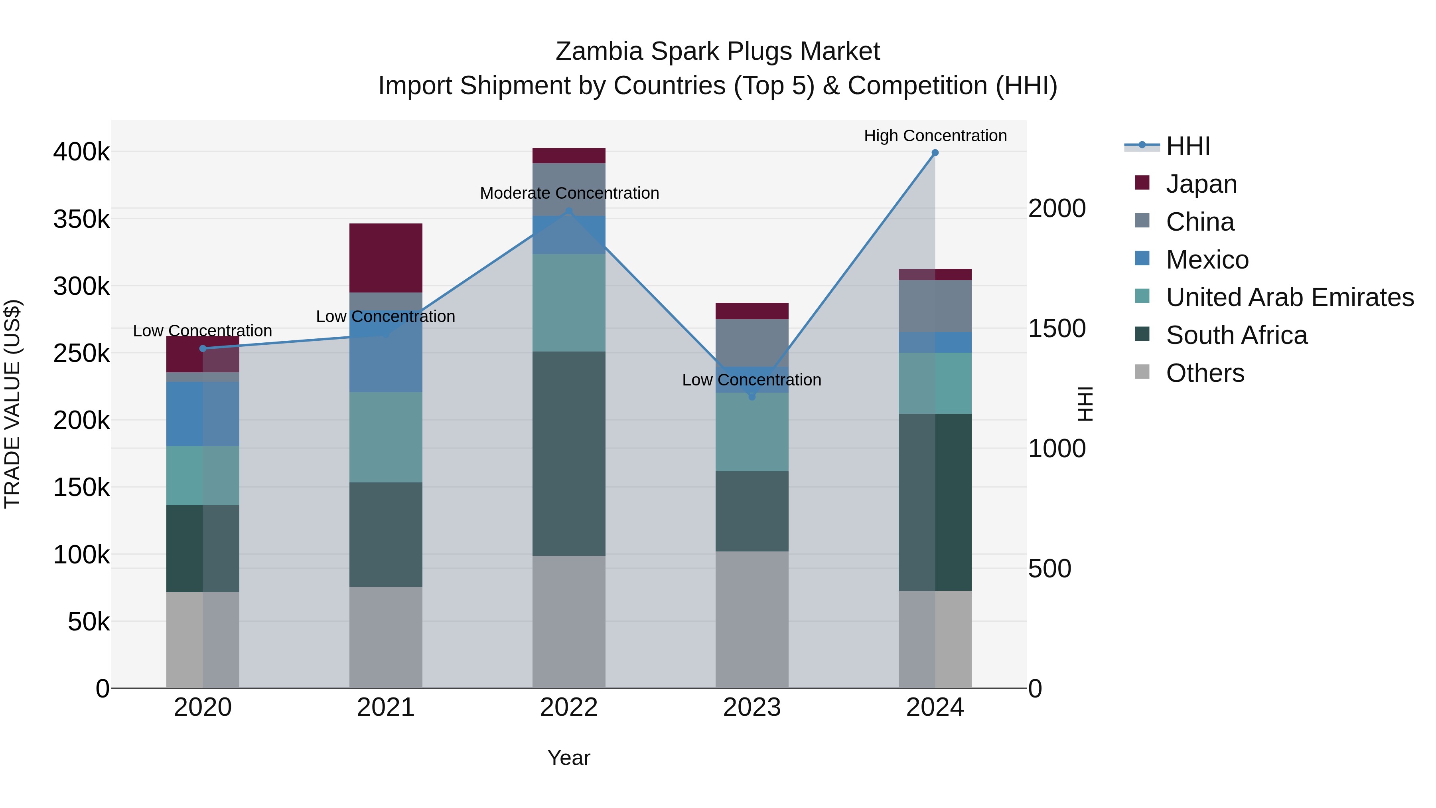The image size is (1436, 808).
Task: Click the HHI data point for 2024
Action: [935, 153]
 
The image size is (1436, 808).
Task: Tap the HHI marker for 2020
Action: [203, 348]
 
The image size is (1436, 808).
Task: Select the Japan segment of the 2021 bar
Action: [386, 258]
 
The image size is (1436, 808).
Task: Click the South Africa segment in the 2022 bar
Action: [568, 453]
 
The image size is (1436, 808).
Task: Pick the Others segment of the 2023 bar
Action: [752, 620]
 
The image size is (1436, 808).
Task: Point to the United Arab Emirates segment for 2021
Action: [386, 437]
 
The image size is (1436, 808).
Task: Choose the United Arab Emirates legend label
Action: [1289, 297]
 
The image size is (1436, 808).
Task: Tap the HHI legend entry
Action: [1187, 146]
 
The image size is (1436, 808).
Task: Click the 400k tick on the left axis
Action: [81, 152]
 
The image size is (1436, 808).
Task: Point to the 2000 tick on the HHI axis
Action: [1056, 209]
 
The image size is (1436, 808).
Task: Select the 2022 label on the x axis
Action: [568, 707]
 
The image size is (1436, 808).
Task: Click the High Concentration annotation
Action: [935, 136]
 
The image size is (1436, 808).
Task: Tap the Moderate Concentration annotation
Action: [569, 193]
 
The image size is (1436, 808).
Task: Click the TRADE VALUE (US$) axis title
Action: [13, 404]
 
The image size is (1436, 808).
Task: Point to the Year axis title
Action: [568, 758]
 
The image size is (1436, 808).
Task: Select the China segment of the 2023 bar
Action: [752, 343]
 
